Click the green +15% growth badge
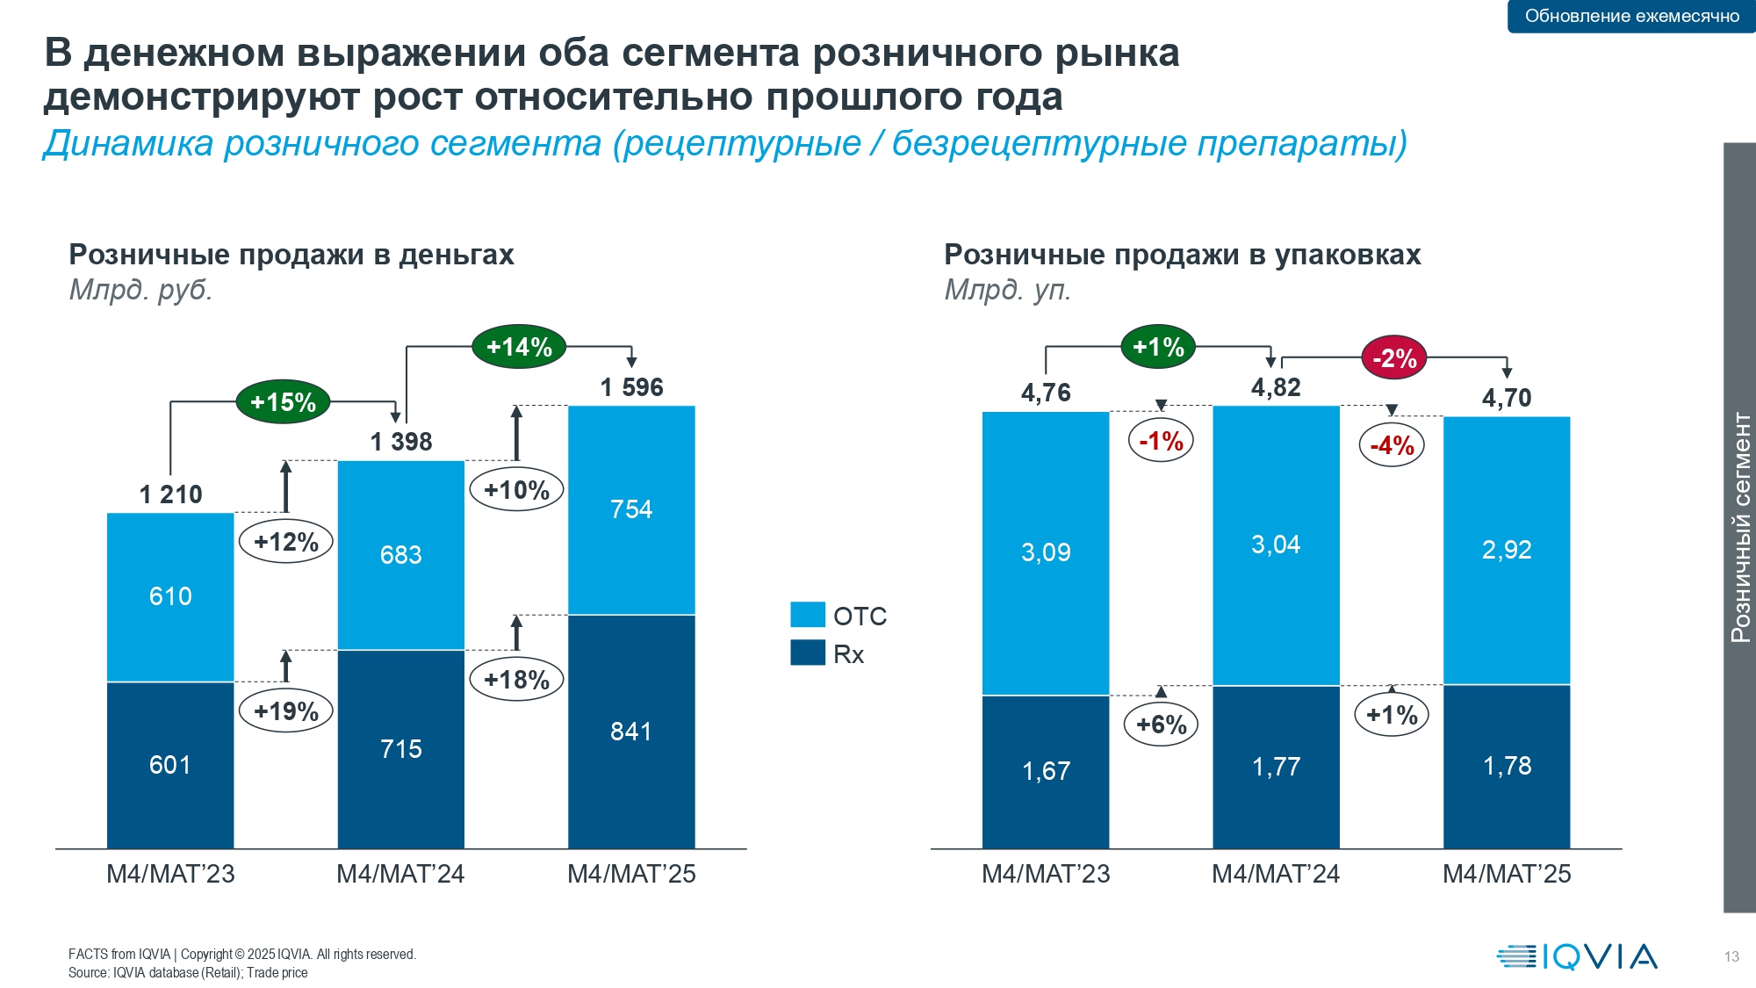click(283, 402)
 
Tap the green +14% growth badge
click(519, 347)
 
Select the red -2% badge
click(1394, 358)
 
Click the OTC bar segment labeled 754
click(631, 510)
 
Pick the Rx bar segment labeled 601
click(170, 765)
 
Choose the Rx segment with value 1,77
click(1276, 767)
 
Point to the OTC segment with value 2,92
click(1507, 550)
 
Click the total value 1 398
click(401, 442)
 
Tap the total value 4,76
click(1046, 393)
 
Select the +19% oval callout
click(286, 710)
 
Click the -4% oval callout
click(1392, 445)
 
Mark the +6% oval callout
click(1161, 725)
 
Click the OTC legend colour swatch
click(808, 615)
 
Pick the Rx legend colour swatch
click(808, 653)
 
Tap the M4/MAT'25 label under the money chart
click(631, 874)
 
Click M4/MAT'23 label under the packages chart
click(1046, 874)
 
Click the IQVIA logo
click(1577, 956)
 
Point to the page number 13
click(1731, 957)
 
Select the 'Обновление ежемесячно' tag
click(1631, 16)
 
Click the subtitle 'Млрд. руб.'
click(141, 290)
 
